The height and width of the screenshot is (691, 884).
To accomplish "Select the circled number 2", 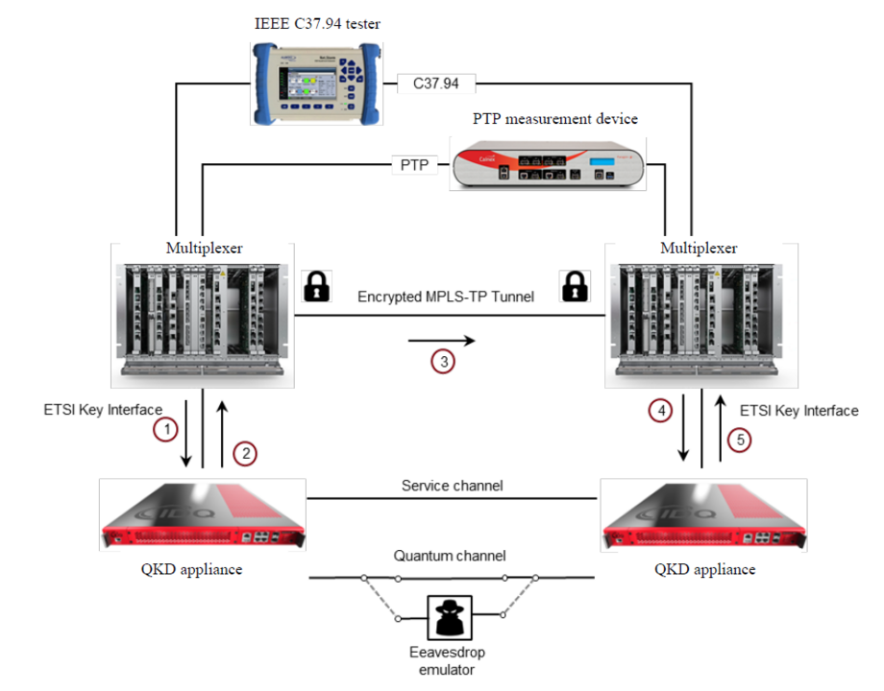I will tap(247, 454).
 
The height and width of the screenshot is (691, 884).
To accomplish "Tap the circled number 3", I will tap(441, 362).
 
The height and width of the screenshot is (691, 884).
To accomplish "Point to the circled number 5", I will tap(738, 440).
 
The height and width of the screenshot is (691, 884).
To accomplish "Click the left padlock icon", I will tap(315, 285).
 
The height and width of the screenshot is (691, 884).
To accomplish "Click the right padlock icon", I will tap(574, 285).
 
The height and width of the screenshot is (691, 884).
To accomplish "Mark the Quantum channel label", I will tap(449, 556).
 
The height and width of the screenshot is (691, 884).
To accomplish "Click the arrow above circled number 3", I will tap(441, 340).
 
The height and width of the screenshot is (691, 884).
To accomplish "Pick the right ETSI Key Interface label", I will tap(798, 411).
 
